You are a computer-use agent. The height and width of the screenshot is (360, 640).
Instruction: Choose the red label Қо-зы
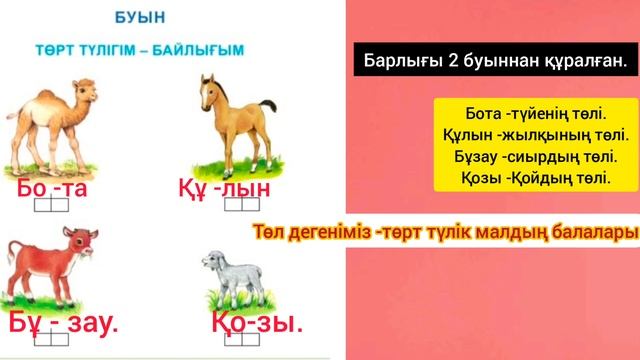(257, 323)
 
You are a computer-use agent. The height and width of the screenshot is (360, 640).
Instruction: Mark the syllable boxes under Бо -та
(51, 205)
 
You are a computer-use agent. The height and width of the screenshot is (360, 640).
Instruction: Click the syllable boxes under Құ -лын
(242, 204)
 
